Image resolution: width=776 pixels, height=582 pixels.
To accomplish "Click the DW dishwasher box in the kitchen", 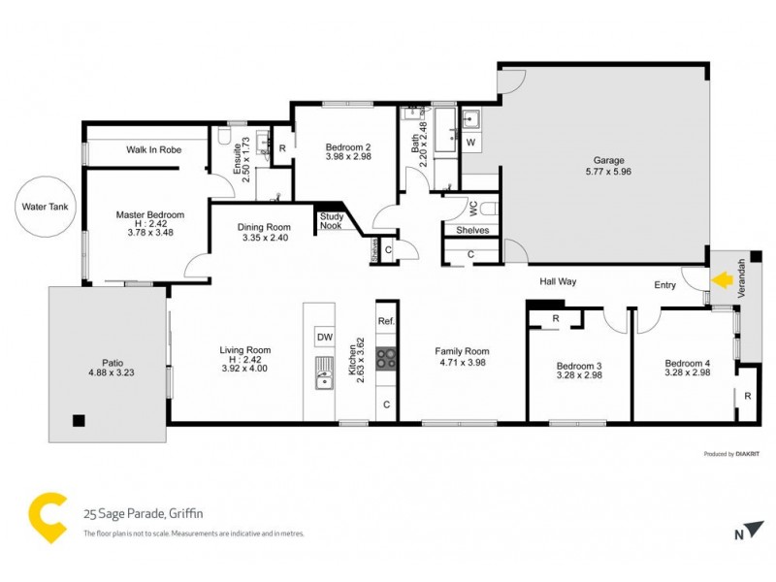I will click(323, 337).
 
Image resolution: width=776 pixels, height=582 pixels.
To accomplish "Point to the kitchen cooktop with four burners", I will click(386, 358).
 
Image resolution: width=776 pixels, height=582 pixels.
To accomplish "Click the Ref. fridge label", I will click(386, 321).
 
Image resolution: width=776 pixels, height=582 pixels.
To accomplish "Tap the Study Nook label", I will click(332, 221).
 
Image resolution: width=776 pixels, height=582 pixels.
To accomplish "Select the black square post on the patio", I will click(79, 420).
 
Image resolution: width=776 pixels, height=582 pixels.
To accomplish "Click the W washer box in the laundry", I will click(471, 144).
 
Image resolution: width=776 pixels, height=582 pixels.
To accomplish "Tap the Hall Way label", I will click(559, 281).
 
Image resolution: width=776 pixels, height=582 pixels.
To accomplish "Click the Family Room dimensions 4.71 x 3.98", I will click(462, 363).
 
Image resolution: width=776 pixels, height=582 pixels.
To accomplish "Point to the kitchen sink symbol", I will click(322, 372).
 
